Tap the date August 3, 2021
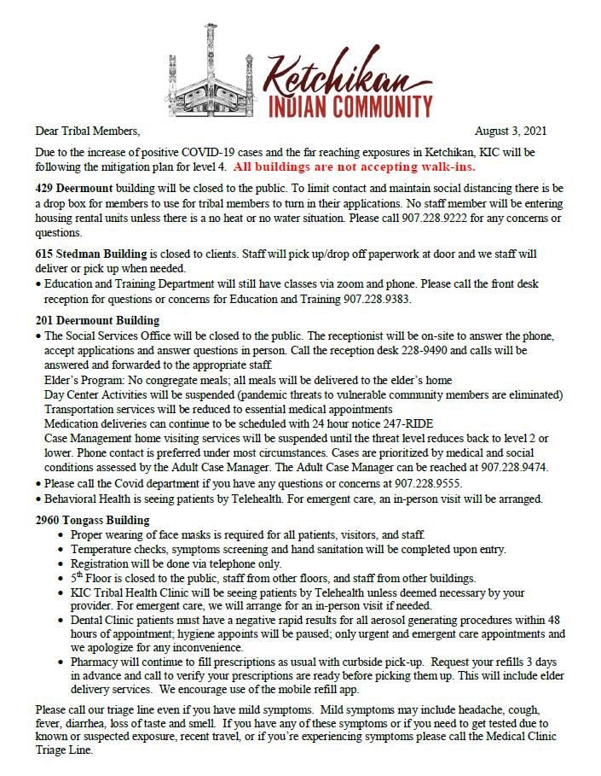click(511, 131)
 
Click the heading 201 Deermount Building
click(97, 320)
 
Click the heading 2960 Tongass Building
click(93, 519)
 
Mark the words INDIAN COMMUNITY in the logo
click(350, 107)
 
